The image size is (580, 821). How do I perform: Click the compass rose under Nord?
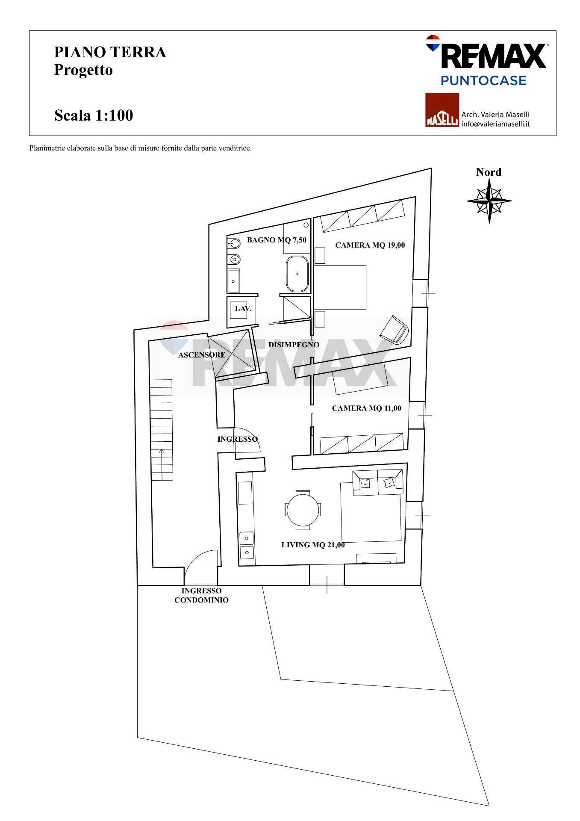[489, 200]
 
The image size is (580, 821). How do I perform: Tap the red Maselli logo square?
[442, 110]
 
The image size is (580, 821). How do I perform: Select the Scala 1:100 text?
[94, 115]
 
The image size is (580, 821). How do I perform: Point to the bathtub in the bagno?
[296, 274]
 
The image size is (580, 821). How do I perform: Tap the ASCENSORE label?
[201, 355]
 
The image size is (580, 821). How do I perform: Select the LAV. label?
[243, 308]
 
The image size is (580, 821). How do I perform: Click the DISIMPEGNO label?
[294, 345]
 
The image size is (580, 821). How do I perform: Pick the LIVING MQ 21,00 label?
[313, 545]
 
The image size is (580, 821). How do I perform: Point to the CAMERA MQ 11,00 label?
[366, 408]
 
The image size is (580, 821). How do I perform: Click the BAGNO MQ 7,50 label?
[277, 240]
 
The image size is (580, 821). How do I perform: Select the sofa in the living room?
[377, 482]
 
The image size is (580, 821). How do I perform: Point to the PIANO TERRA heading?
[110, 52]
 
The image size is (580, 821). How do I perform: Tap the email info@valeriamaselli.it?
[495, 124]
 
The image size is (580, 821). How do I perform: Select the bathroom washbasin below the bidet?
[234, 281]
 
